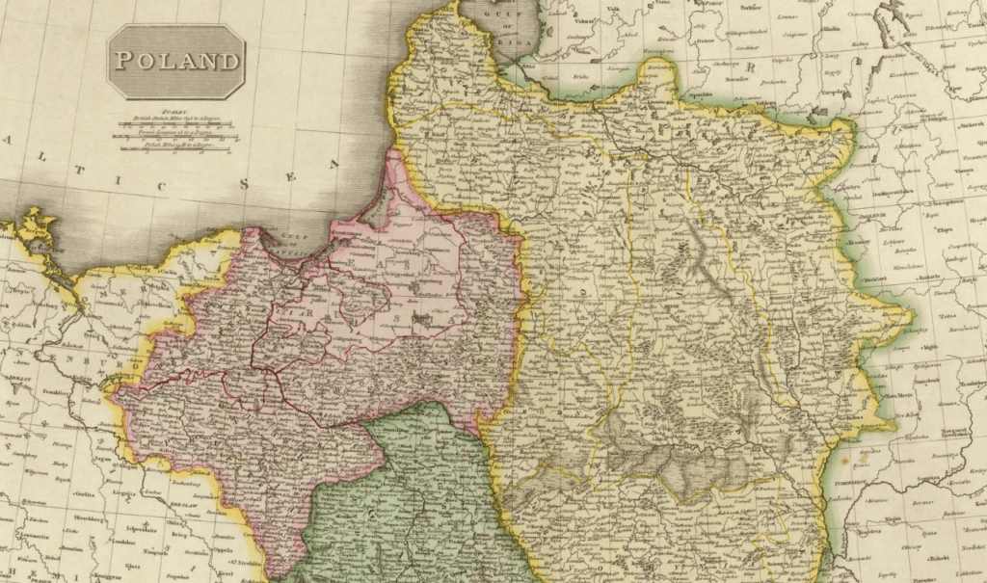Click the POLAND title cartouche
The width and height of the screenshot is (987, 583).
click(175, 62)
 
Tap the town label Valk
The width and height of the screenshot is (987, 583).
click(613, 11)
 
